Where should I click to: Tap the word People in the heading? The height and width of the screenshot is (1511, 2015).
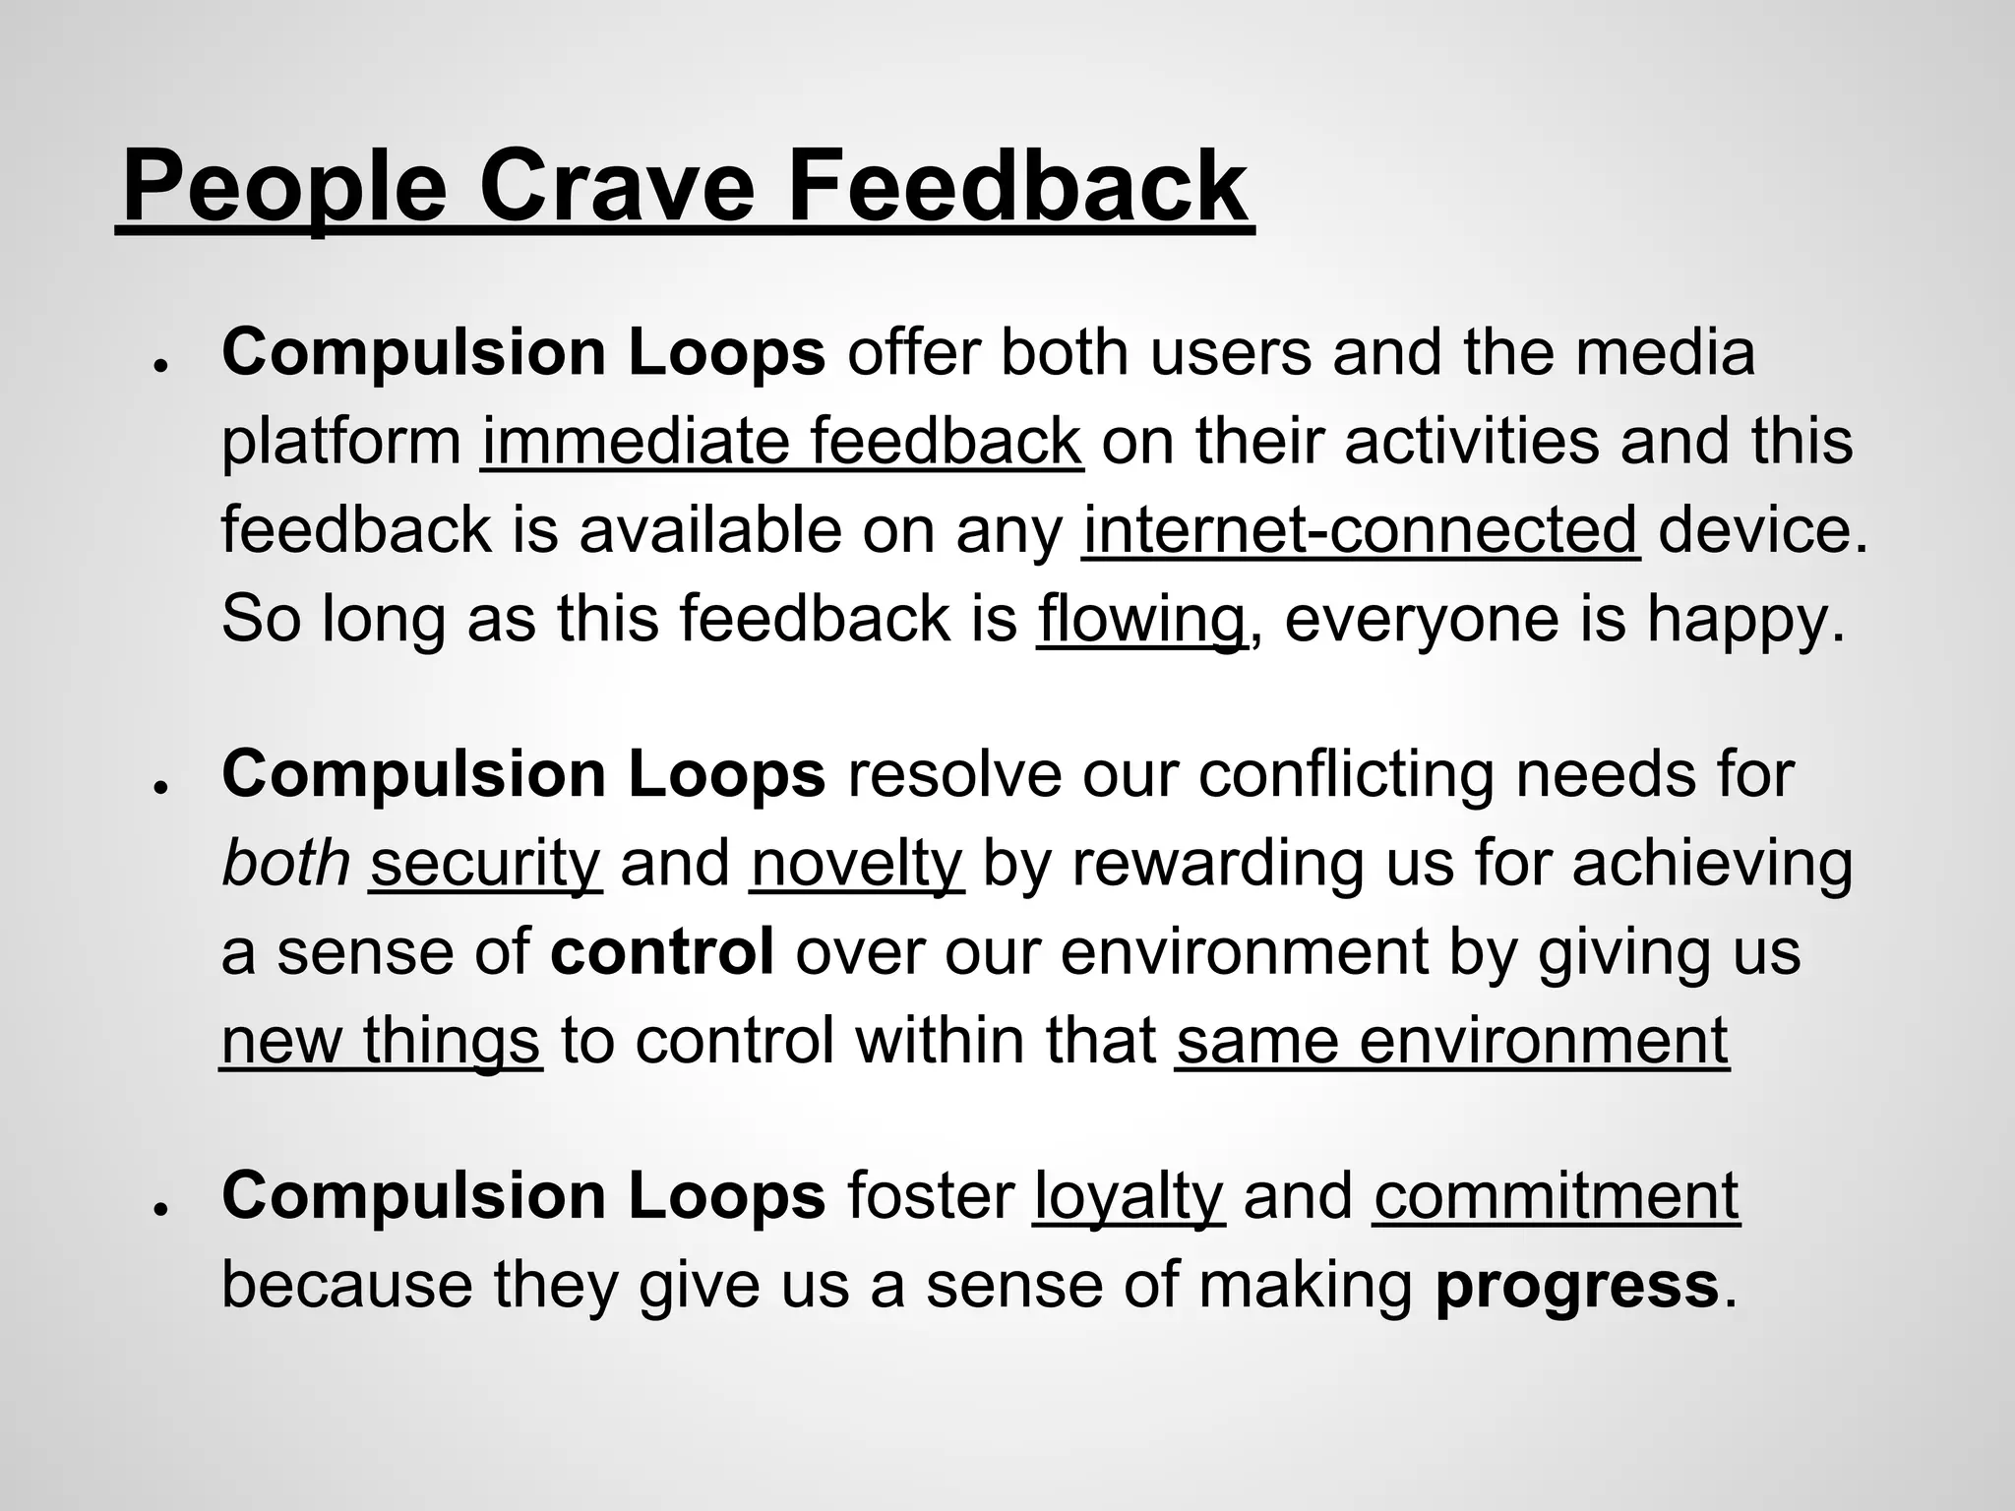point(284,187)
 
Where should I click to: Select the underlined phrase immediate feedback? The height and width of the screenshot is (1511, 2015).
point(782,442)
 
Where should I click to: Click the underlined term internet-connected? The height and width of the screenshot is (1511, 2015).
point(1361,530)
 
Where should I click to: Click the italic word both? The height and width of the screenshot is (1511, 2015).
point(285,863)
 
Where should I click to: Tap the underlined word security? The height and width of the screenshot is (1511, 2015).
point(485,863)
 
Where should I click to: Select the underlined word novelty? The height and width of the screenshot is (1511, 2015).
point(856,863)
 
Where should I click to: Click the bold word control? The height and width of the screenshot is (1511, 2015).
point(662,951)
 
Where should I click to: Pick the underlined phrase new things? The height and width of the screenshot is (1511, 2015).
point(381,1040)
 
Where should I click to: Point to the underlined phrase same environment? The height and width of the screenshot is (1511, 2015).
point(1451,1040)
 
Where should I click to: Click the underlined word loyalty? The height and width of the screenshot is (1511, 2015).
point(1129,1196)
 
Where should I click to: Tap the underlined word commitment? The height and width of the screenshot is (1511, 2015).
point(1557,1196)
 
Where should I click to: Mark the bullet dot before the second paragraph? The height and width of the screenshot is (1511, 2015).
point(157,786)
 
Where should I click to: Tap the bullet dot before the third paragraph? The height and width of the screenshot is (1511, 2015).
point(157,1208)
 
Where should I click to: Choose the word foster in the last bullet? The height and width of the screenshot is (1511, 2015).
point(930,1196)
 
